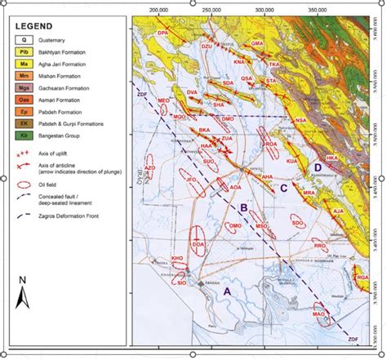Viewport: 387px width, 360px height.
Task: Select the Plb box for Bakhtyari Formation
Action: [24, 50]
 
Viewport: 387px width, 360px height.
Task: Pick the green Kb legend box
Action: [24, 133]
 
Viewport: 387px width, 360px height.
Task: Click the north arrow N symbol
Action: [24, 290]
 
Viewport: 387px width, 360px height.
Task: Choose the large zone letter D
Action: [317, 167]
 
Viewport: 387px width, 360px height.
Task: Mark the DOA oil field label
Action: [198, 244]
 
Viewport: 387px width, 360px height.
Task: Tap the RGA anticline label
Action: [363, 279]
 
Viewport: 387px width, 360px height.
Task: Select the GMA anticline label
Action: [257, 42]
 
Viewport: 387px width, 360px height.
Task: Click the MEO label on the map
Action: [163, 99]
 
